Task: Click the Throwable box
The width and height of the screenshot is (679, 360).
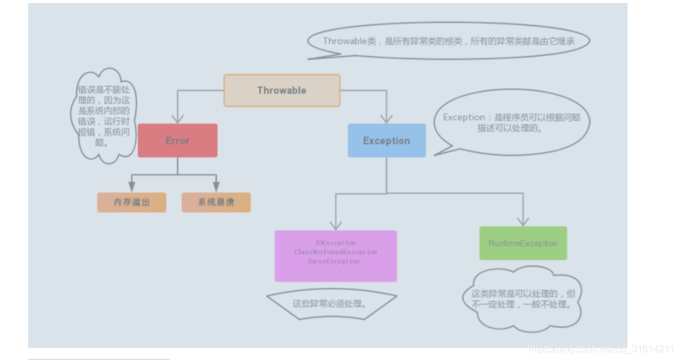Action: pyautogui.click(x=282, y=90)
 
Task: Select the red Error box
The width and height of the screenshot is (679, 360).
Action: pyautogui.click(x=177, y=141)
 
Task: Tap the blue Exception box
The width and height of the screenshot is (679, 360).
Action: pyautogui.click(x=387, y=141)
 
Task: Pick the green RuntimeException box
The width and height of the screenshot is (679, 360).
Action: pyautogui.click(x=523, y=243)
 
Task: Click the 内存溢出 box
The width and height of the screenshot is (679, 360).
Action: pyautogui.click(x=132, y=202)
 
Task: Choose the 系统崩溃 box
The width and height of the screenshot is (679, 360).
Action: pyautogui.click(x=216, y=202)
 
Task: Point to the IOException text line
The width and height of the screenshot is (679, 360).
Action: pyautogui.click(x=336, y=243)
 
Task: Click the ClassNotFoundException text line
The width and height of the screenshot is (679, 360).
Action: pyautogui.click(x=336, y=252)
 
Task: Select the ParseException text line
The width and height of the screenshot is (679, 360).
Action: pyautogui.click(x=334, y=261)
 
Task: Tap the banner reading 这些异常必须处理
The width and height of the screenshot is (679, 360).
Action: pyautogui.click(x=331, y=304)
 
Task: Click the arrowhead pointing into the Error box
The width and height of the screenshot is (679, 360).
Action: pyautogui.click(x=177, y=118)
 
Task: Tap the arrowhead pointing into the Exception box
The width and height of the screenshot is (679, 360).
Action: pyautogui.click(x=387, y=118)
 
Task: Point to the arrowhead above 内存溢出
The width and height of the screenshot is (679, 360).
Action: pyautogui.click(x=132, y=187)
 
